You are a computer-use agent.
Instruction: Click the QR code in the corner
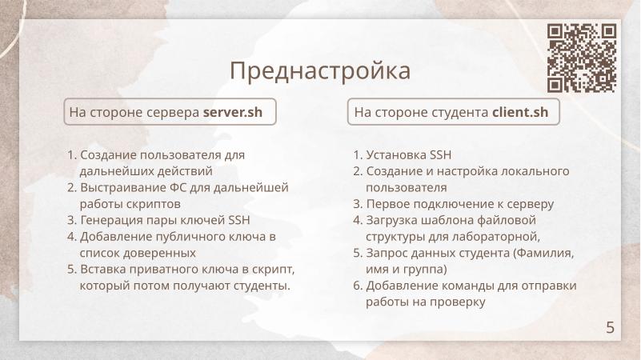pos(582,58)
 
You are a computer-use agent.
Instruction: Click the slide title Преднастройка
pos(320,70)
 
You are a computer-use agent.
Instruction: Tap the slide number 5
pos(611,326)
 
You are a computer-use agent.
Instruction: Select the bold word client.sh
pos(520,113)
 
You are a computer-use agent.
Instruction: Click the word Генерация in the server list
pos(108,220)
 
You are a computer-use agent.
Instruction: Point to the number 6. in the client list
pos(358,286)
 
